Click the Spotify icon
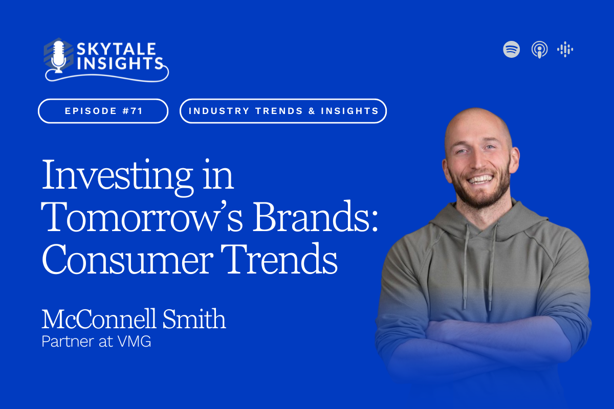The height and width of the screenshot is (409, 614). pos(511,49)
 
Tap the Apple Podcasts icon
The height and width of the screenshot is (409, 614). pos(539,50)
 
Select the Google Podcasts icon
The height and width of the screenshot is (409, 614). pos(565,49)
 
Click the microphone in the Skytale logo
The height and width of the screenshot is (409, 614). pos(58,57)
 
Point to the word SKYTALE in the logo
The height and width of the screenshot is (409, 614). pos(116,49)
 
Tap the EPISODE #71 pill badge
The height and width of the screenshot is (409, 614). pos(103,111)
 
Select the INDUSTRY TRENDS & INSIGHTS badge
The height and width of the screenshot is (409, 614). pos(283,111)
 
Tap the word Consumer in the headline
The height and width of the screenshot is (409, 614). pos(127,259)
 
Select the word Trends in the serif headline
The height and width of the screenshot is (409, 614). pos(279,259)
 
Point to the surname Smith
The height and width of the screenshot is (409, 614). pos(194,319)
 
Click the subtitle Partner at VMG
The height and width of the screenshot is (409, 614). pos(96,342)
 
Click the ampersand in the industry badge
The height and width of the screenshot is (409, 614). pos(312,111)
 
